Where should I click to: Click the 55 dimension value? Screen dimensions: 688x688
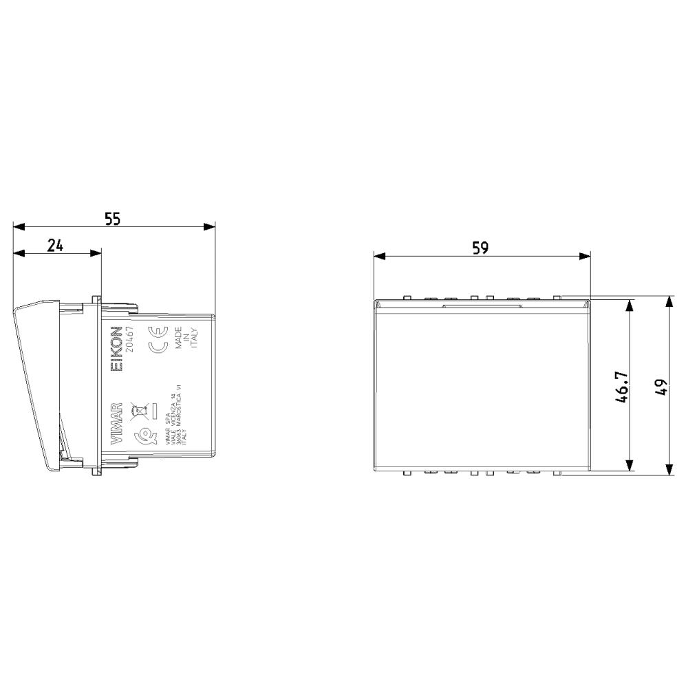pos(112,219)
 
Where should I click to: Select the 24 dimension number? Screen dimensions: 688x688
pos(56,246)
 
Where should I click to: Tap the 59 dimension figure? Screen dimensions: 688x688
pos(481,248)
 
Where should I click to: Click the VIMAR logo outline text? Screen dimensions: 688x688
pos(118,422)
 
